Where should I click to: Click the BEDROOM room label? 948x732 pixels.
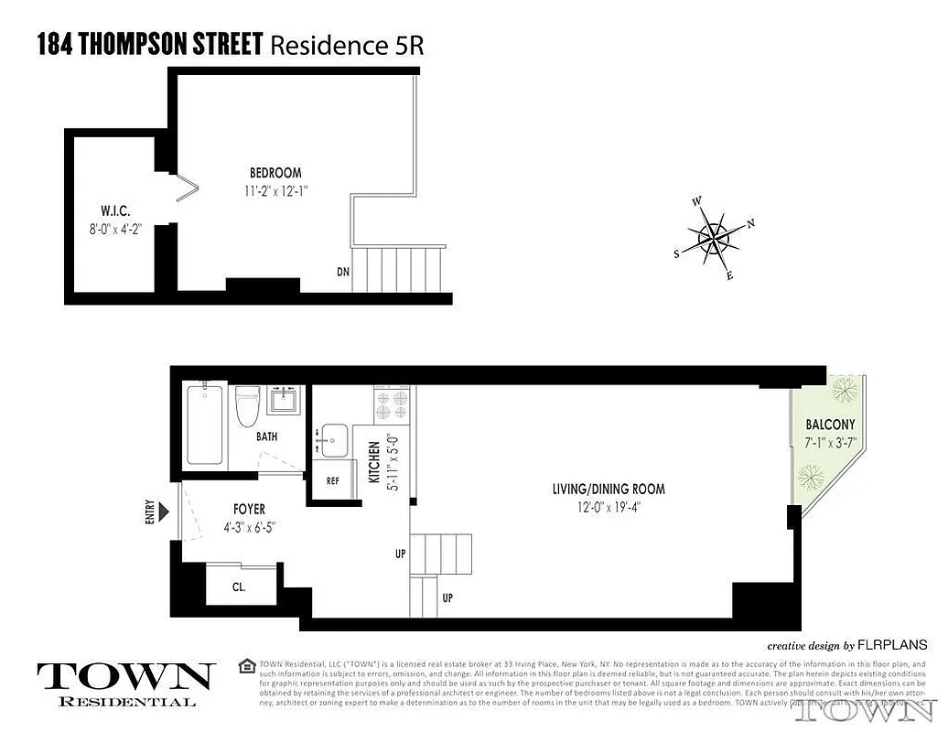tap(275, 173)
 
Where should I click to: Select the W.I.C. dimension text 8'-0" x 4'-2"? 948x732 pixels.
tap(115, 230)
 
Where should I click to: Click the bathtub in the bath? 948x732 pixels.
tap(203, 425)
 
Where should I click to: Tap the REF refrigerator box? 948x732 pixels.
tap(332, 479)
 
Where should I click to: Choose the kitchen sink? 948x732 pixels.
tap(332, 442)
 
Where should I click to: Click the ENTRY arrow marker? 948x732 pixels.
tap(164, 510)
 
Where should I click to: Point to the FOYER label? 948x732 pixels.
tap(249, 510)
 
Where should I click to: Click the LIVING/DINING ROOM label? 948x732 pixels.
tap(608, 490)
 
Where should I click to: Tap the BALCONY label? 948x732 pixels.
tap(830, 425)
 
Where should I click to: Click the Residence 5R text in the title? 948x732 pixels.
tap(347, 44)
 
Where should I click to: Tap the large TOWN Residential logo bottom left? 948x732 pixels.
tap(126, 682)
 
